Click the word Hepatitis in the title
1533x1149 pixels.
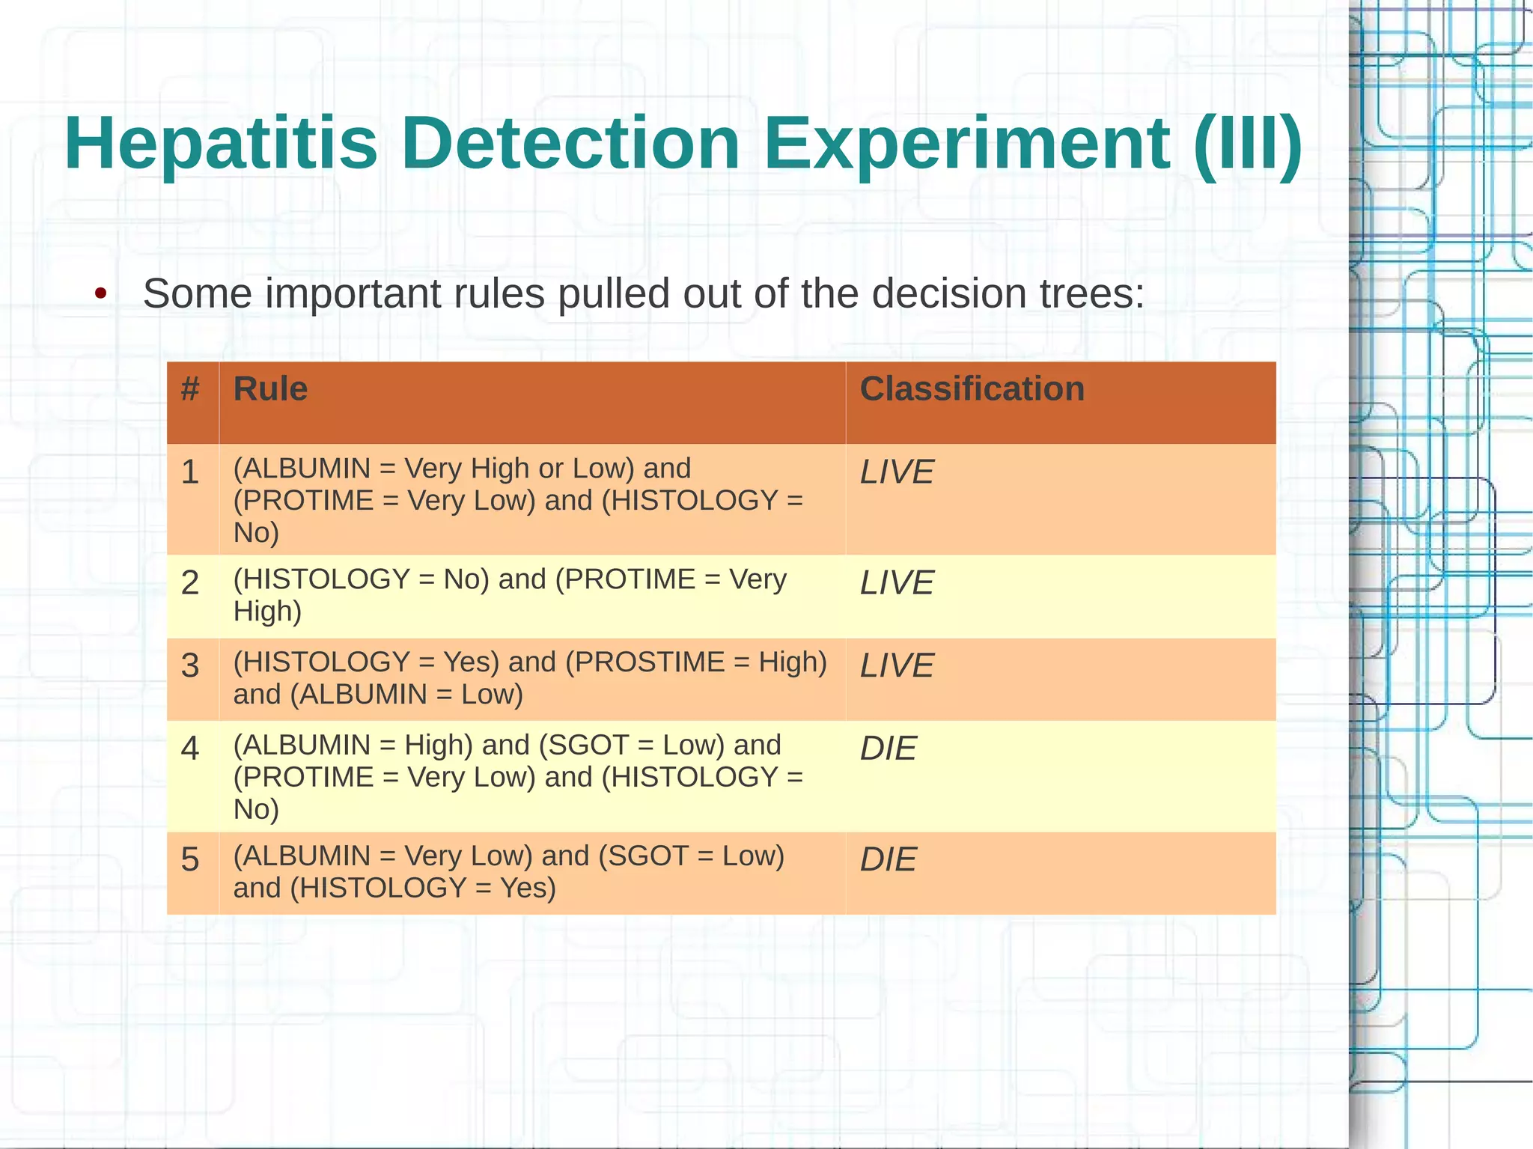tap(221, 144)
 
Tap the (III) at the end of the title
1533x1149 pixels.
tap(1248, 144)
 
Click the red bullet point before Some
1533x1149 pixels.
tap(100, 293)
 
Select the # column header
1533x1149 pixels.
tap(190, 389)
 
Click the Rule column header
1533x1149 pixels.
tap(270, 389)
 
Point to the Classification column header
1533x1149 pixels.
tap(972, 389)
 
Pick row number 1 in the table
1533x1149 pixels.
tap(190, 472)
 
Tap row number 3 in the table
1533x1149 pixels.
tap(190, 666)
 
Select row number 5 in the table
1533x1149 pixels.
tap(190, 859)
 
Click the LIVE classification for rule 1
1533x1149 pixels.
tap(896, 472)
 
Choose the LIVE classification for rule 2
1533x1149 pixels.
tap(896, 583)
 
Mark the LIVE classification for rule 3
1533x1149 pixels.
tap(896, 666)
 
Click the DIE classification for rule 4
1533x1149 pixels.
tap(888, 749)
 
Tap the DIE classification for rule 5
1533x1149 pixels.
tap(888, 859)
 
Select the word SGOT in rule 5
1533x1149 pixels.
tap(647, 856)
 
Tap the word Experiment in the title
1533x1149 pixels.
tap(966, 144)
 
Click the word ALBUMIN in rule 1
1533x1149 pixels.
tap(306, 469)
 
